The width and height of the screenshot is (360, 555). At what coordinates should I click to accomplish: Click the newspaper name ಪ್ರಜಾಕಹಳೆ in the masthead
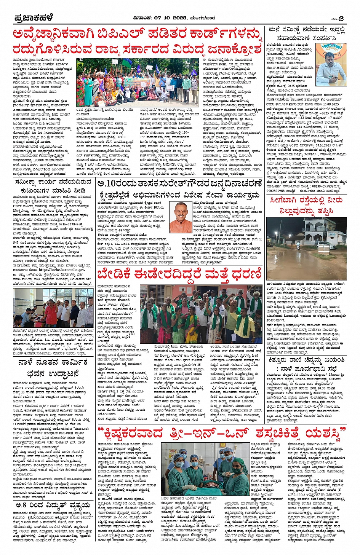click(x=33, y=18)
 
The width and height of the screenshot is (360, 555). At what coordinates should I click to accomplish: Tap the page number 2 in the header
click(x=341, y=18)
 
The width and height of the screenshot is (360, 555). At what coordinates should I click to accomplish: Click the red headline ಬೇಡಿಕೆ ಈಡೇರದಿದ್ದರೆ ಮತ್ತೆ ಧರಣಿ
click(x=179, y=274)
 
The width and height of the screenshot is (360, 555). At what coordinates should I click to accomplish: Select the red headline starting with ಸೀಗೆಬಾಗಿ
click(x=306, y=206)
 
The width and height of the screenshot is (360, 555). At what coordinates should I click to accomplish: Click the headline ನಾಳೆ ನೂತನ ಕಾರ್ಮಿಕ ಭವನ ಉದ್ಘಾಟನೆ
click(x=53, y=367)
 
